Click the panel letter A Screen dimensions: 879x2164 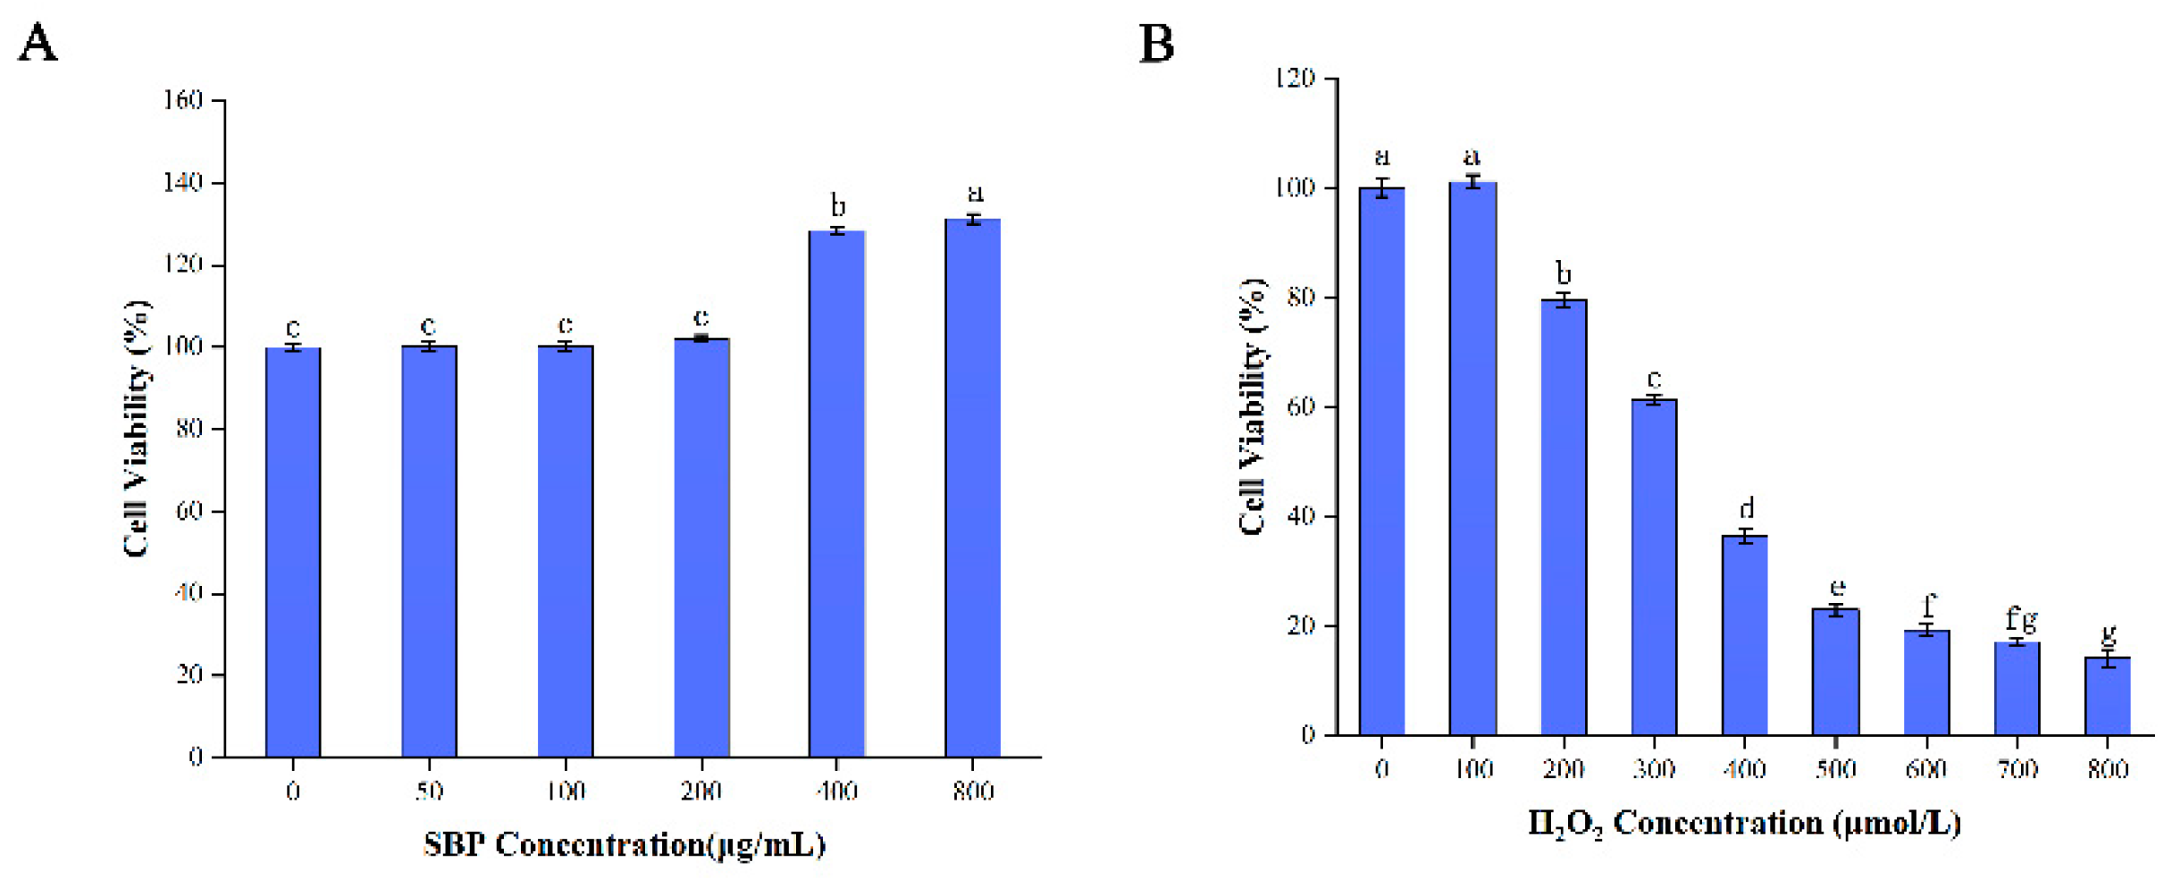pos(38,43)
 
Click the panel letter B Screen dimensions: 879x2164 pos(1156,43)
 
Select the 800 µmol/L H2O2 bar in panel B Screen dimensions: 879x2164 pos(2108,696)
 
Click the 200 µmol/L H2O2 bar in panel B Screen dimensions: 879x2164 pos(1564,517)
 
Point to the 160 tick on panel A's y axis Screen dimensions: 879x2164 pos(183,100)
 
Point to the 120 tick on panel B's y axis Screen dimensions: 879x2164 pos(1295,79)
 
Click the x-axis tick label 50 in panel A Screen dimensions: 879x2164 pos(429,791)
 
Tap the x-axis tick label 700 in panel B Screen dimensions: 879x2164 pos(2017,769)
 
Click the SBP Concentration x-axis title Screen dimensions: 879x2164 pos(624,844)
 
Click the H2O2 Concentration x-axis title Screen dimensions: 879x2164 pos(1743,823)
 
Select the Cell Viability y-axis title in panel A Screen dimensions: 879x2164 pos(136,429)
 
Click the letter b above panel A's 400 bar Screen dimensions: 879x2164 pos(837,206)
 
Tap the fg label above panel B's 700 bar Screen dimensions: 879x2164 pos(2021,618)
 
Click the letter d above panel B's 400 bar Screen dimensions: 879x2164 pos(1746,508)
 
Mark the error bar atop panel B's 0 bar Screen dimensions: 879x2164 pos(1382,188)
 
